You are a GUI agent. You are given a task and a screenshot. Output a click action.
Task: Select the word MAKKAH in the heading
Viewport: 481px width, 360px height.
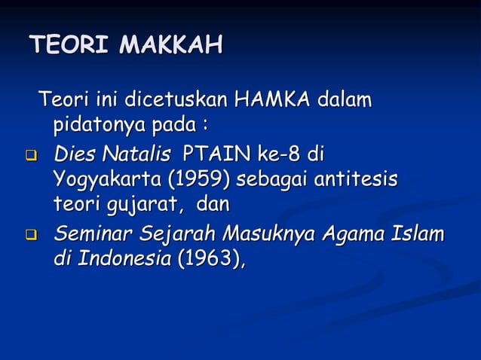click(x=170, y=46)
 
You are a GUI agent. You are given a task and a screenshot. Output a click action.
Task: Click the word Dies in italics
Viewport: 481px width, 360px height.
click(x=73, y=156)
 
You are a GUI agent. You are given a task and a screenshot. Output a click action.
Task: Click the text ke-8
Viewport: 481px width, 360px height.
click(x=280, y=156)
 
